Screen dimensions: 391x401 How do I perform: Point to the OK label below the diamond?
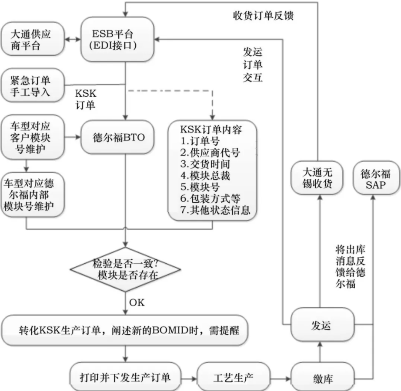click(x=137, y=302)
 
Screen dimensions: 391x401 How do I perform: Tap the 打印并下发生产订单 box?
click(x=125, y=376)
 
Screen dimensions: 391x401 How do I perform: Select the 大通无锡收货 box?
click(x=317, y=178)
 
